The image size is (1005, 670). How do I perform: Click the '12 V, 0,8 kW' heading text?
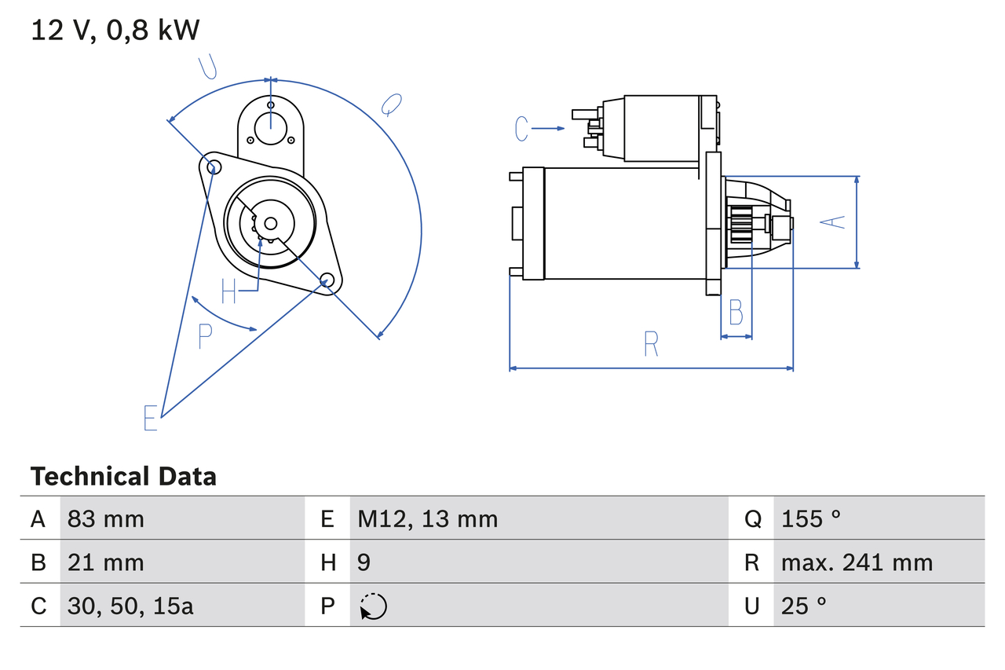[115, 31]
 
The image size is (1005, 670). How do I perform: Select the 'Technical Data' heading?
[123, 477]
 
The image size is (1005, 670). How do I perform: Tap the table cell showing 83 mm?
[106, 518]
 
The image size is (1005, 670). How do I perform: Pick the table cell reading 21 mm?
[106, 562]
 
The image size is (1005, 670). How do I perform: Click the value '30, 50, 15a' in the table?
[130, 606]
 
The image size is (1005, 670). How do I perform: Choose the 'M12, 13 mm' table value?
[428, 518]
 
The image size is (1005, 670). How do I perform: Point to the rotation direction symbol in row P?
[373, 606]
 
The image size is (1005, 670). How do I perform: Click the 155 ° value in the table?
[811, 518]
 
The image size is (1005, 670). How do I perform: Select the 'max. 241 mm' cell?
[857, 562]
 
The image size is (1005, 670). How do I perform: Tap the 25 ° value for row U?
[804, 606]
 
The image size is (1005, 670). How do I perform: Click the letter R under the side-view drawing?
[651, 344]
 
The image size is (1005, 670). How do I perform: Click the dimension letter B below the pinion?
[736, 313]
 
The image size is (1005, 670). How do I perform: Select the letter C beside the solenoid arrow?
[522, 128]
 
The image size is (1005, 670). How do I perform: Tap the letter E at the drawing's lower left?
[151, 418]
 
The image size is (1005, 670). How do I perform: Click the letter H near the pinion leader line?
[228, 291]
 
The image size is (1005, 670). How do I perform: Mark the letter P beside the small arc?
[205, 336]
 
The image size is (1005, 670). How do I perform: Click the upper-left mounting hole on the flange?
[210, 165]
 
